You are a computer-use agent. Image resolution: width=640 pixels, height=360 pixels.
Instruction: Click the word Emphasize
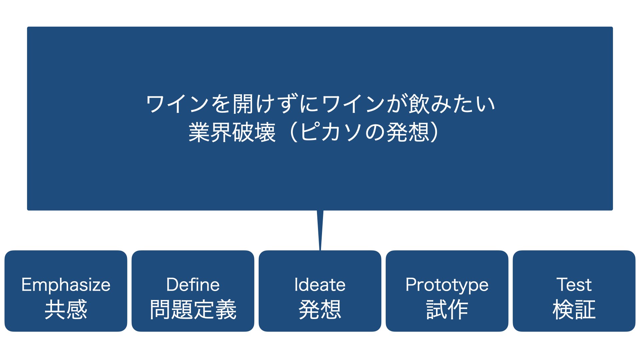(x=66, y=285)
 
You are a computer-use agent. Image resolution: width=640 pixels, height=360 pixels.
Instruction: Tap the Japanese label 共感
(x=66, y=310)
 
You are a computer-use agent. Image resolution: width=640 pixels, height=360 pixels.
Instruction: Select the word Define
(x=193, y=285)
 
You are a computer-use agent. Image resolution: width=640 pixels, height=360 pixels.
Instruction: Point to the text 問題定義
(x=193, y=310)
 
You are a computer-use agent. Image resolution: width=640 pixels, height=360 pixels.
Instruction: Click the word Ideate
(x=320, y=285)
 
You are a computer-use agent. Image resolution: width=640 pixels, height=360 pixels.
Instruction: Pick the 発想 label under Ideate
(x=320, y=310)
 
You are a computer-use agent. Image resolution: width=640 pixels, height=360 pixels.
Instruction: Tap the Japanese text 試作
(x=447, y=310)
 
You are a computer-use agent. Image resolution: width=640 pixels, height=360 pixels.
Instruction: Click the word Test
(x=574, y=285)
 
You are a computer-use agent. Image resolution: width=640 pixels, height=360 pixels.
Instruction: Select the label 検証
(x=574, y=310)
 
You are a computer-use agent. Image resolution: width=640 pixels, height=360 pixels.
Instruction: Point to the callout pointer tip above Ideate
(x=320, y=250)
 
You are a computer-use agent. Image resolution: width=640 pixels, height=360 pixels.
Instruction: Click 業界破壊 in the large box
(x=232, y=132)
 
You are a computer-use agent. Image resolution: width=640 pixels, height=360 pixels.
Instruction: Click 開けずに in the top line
(x=276, y=104)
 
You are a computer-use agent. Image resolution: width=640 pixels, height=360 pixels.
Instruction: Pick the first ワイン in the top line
(x=178, y=104)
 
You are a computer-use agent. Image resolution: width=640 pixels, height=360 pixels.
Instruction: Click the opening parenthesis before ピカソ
(x=294, y=132)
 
